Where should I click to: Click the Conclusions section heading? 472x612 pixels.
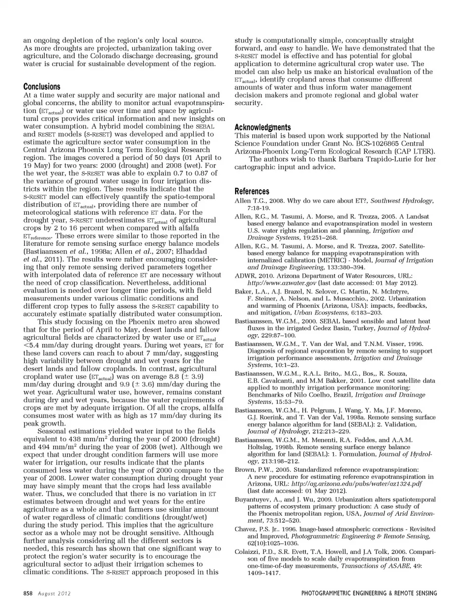tap(42, 87)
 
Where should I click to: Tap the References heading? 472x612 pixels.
tap(252, 191)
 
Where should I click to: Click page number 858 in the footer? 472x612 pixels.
tap(28, 593)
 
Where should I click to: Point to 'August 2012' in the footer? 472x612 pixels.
tap(55, 593)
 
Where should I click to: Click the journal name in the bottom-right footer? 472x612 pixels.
tap(369, 593)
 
